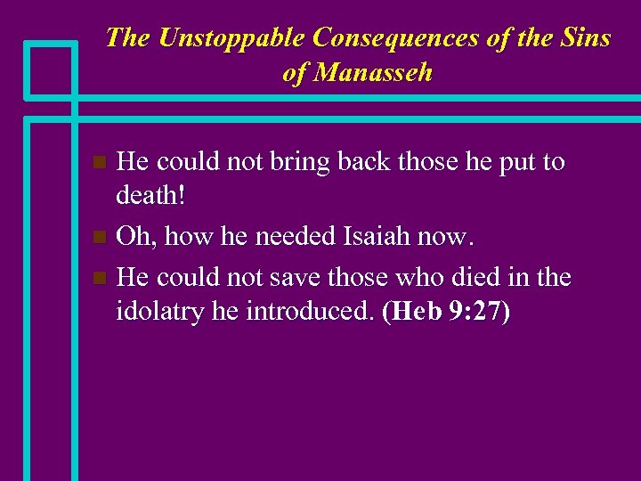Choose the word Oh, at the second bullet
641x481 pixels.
point(134,238)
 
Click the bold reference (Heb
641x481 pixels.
point(411,313)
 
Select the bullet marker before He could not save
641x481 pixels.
point(101,278)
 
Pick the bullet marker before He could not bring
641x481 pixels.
point(101,163)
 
